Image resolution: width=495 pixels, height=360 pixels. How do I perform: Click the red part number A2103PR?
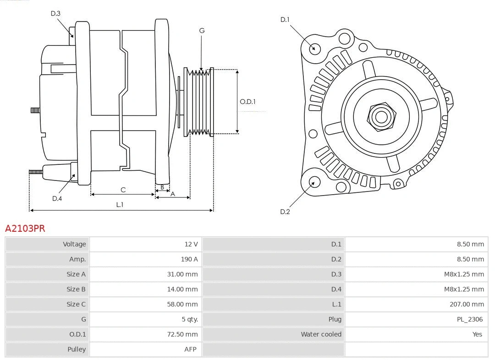25,228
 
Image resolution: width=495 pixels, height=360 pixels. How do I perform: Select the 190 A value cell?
189,259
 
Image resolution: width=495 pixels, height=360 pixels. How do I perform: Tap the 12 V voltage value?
191,244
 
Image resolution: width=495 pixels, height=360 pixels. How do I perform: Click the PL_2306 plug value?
469,319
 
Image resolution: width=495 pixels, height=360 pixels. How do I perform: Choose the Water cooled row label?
321,334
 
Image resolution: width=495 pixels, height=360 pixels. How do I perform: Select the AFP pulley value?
190,349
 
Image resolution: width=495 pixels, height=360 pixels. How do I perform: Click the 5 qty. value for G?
188,319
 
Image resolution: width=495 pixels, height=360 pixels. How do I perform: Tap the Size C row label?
76,304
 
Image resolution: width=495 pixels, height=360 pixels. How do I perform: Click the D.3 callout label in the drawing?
55,13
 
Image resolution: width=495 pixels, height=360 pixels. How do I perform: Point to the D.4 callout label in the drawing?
57,198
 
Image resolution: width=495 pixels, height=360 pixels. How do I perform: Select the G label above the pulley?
202,31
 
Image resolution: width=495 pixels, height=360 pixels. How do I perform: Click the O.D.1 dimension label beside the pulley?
247,102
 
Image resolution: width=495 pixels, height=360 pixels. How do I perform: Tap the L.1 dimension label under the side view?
120,205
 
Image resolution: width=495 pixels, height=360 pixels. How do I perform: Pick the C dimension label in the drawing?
123,190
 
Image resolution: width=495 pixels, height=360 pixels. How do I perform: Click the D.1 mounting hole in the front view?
314,48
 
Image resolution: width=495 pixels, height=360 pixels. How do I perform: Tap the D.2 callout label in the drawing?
285,212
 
